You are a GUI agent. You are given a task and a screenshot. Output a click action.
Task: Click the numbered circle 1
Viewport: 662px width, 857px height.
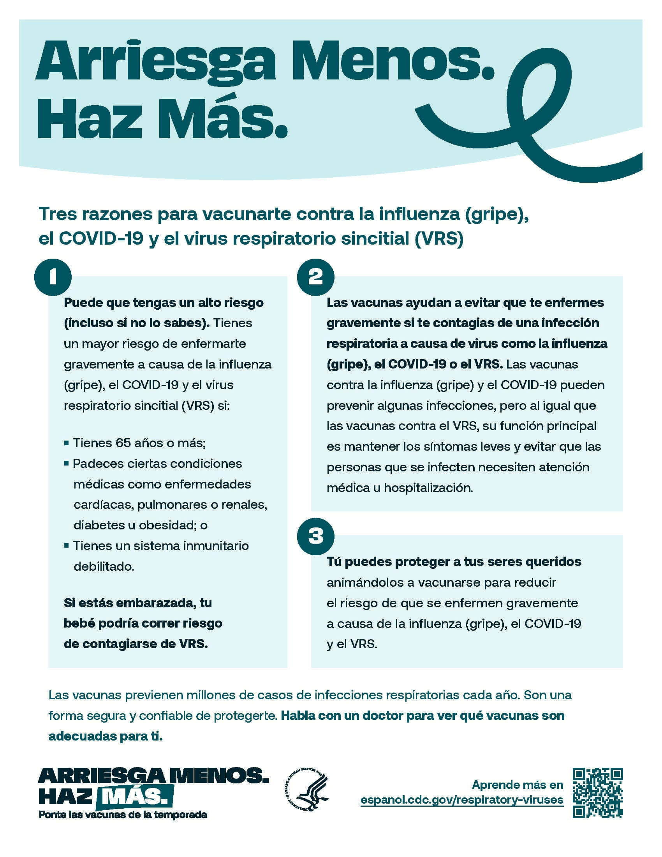click(53, 277)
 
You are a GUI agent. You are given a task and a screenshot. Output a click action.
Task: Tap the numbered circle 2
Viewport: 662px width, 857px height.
click(316, 277)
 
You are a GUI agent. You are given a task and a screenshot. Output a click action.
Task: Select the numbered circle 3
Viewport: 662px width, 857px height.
click(316, 536)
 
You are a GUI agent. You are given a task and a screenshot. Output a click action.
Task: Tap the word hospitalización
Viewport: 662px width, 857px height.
click(428, 488)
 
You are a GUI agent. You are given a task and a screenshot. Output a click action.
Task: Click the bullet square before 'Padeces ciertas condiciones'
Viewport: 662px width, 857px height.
click(66, 464)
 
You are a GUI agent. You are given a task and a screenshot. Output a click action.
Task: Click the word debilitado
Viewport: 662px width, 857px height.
click(104, 567)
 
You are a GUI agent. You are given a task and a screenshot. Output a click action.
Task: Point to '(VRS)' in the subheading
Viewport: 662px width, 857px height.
click(439, 238)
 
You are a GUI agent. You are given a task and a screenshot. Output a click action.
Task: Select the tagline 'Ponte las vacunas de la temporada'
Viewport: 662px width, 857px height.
click(123, 815)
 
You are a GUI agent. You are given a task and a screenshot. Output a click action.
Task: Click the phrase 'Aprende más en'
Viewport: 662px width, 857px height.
click(517, 785)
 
